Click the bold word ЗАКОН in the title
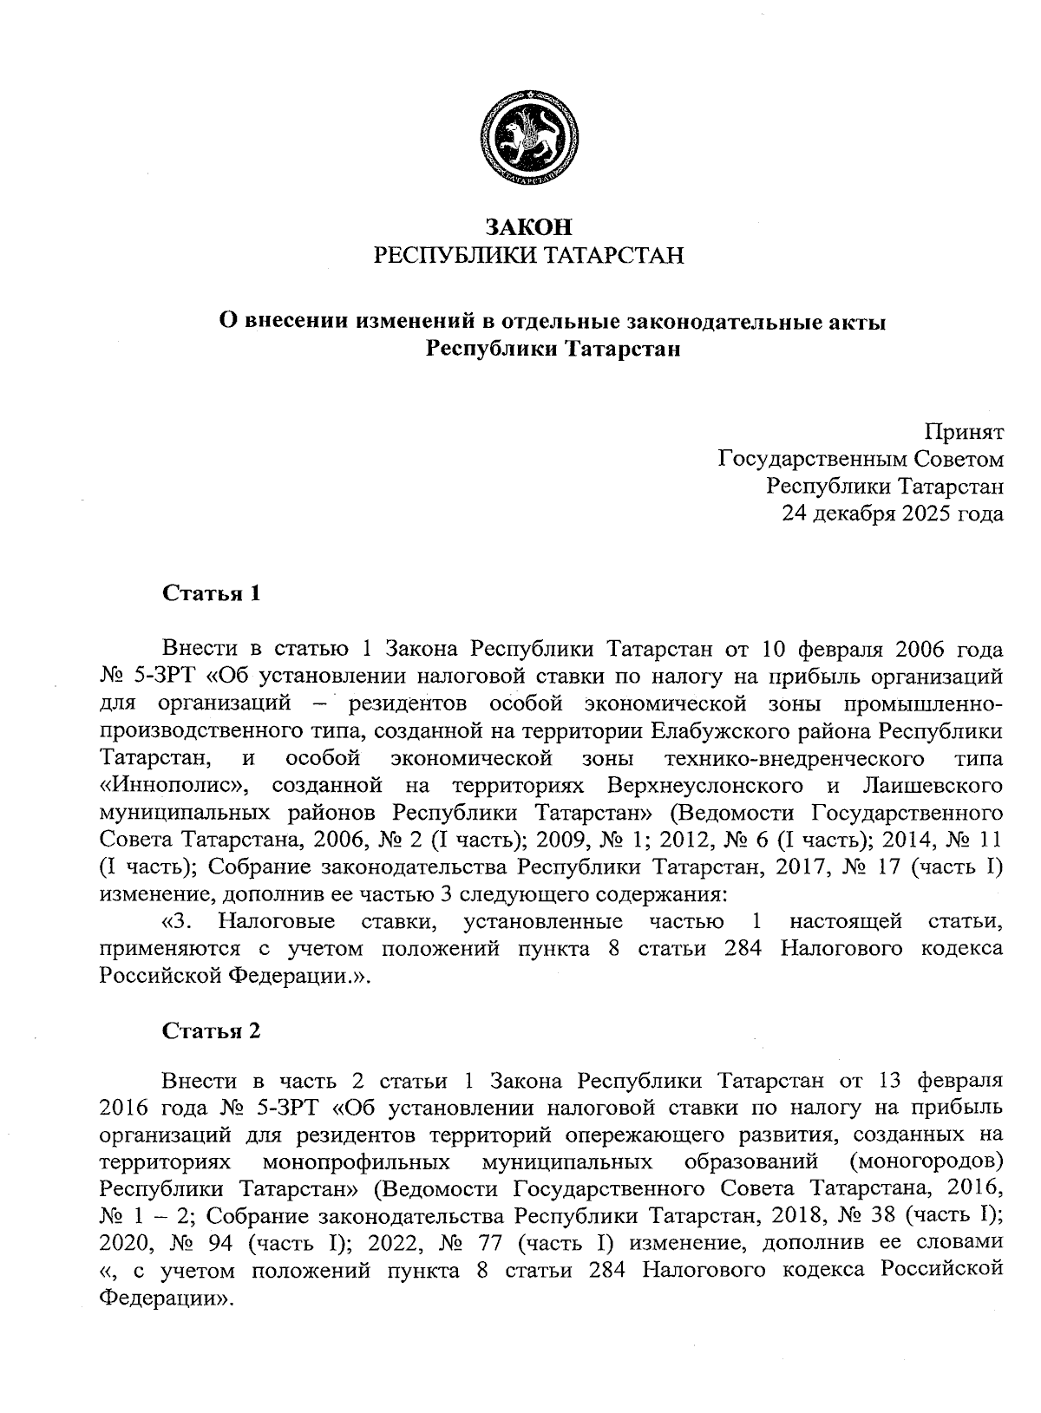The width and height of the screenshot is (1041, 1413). click(528, 228)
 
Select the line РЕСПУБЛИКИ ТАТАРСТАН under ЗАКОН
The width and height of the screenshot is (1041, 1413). click(528, 255)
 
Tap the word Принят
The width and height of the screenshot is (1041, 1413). click(963, 431)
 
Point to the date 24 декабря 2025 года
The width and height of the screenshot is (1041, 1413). click(893, 514)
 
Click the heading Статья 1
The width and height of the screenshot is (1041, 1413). click(212, 593)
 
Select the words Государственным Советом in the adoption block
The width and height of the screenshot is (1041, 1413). click(861, 459)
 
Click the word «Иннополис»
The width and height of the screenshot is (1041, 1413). click(175, 787)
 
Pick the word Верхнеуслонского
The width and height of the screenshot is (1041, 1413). click(705, 787)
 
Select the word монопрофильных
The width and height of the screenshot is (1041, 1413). click(356, 1161)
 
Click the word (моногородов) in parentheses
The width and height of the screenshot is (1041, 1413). click(926, 1161)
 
